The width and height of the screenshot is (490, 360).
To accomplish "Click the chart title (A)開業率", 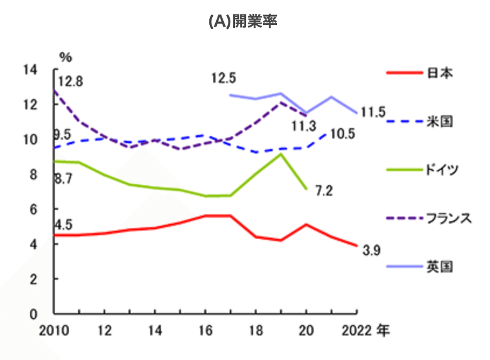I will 243,21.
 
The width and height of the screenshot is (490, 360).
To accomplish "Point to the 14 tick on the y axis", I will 30,70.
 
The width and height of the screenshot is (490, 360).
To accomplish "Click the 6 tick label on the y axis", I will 33,209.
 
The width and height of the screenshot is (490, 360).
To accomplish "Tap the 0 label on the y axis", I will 33,314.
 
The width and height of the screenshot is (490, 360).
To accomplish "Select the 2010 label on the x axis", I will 54,331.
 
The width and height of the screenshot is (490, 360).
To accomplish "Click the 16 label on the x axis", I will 206,331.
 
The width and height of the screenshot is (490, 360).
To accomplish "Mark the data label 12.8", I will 70,82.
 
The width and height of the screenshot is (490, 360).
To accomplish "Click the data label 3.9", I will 371,251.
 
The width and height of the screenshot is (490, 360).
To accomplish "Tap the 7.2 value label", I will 324,191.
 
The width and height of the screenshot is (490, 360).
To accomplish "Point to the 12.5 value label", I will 224,78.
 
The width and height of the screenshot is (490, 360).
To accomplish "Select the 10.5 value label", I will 343,134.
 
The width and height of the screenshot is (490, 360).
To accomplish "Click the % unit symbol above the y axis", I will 66,57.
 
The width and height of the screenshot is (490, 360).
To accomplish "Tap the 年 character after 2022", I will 383,330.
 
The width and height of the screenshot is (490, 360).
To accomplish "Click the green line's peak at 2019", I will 281,154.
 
